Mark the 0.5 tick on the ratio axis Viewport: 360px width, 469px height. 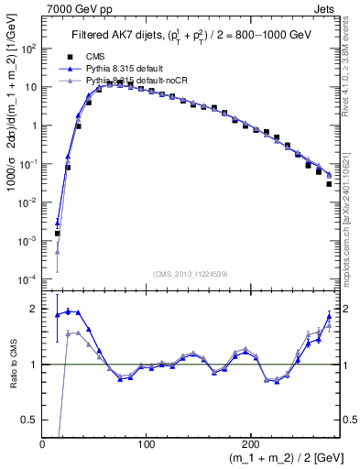[x=29, y=420]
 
